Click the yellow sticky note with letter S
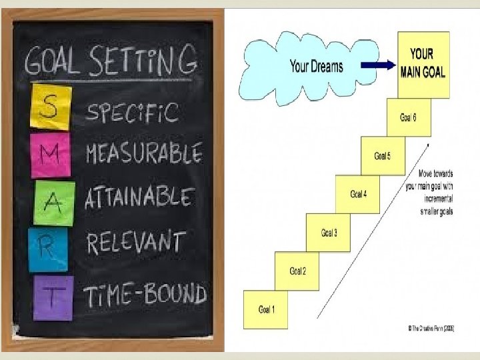point(50,107)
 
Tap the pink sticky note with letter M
point(50,156)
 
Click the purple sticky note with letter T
point(53,297)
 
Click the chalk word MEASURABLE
point(144,154)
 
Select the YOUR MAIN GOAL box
point(423,64)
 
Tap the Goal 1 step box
point(266,309)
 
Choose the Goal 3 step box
point(329,233)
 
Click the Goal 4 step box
point(358,194)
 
